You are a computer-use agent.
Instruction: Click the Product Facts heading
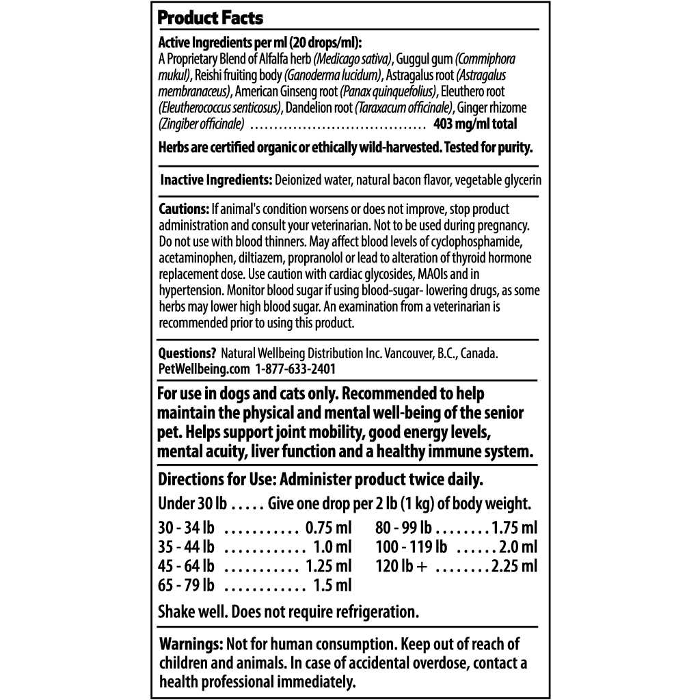click(210, 17)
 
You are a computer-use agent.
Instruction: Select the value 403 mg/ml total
click(475, 124)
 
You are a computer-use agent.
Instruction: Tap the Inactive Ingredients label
click(216, 180)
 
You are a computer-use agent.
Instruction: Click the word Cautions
click(183, 208)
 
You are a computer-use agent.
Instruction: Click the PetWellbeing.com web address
click(204, 368)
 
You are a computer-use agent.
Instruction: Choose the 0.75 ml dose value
click(328, 528)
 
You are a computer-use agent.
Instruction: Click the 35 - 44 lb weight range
click(186, 547)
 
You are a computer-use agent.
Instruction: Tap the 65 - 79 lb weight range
click(186, 585)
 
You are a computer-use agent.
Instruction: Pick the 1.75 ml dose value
click(514, 528)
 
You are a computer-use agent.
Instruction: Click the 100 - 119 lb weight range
click(411, 547)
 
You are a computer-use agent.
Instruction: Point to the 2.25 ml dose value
click(514, 566)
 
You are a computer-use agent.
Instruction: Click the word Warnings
click(191, 644)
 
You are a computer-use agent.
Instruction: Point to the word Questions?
click(187, 353)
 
